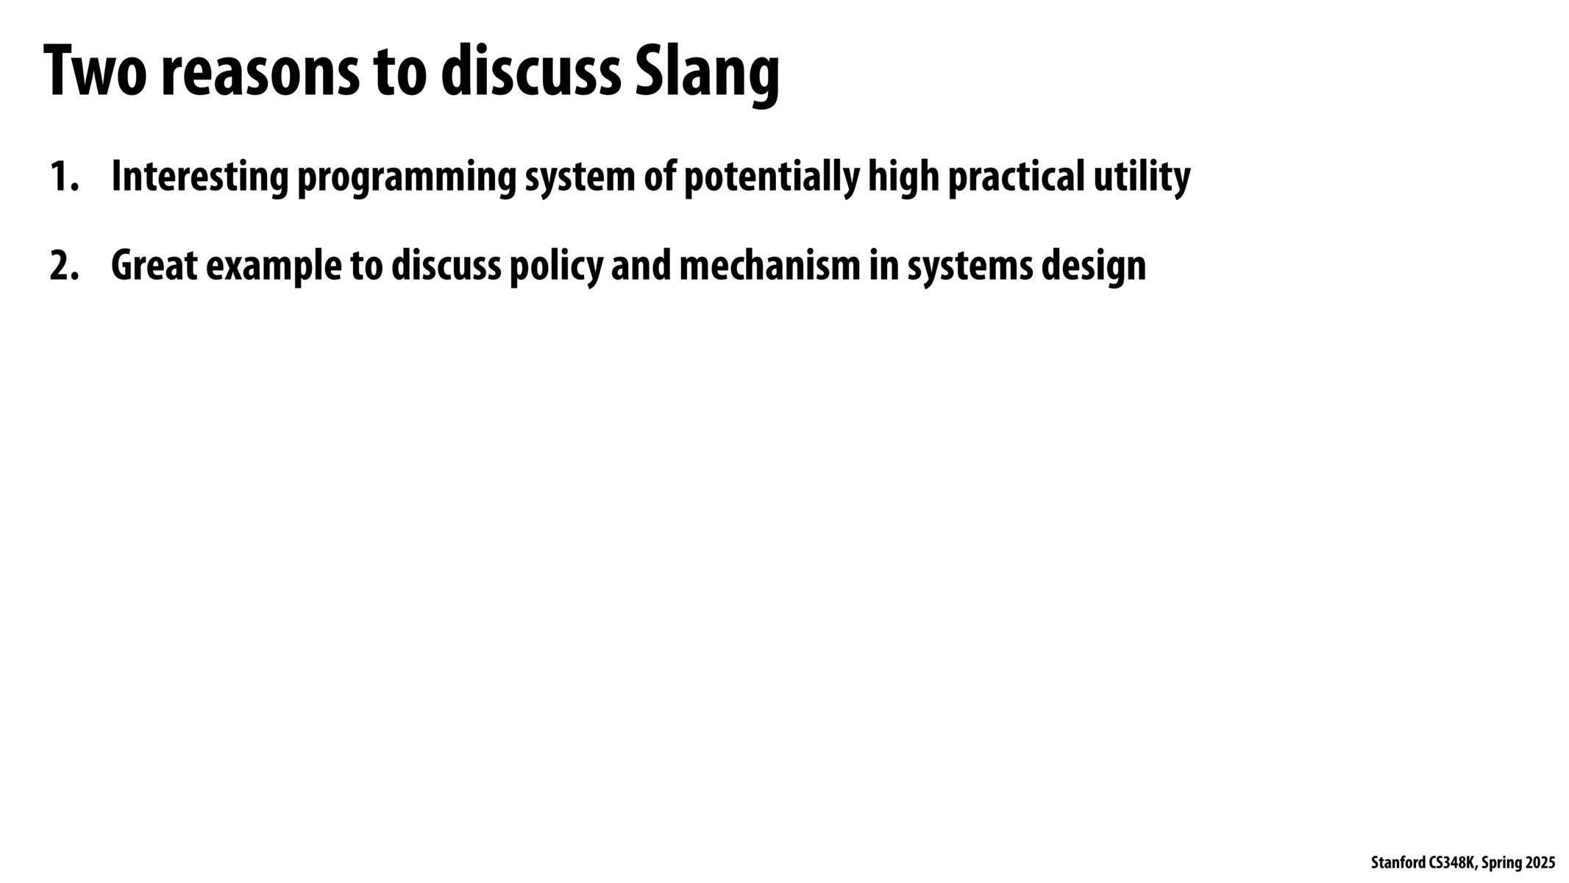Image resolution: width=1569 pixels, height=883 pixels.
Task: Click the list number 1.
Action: (x=63, y=177)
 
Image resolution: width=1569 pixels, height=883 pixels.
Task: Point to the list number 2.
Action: (x=63, y=266)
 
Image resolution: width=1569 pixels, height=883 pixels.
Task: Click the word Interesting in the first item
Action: (x=199, y=177)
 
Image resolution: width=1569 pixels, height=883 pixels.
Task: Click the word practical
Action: (x=1016, y=177)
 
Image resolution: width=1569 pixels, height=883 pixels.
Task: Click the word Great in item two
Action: (x=154, y=266)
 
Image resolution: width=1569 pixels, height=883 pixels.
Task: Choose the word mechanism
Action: (x=769, y=266)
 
